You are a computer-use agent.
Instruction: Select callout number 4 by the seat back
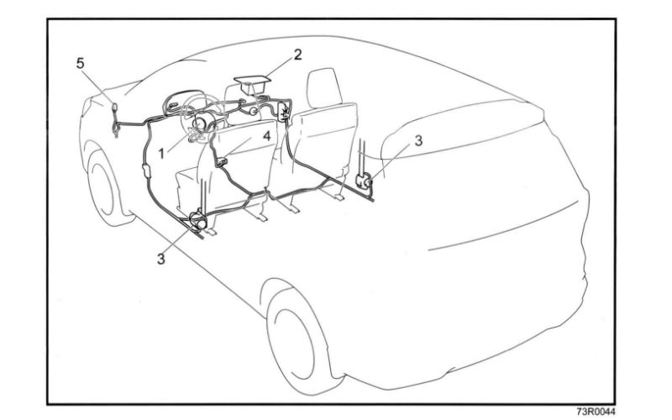click(265, 134)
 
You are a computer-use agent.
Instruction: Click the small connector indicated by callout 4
click(223, 156)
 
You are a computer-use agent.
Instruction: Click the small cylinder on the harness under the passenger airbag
click(250, 107)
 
